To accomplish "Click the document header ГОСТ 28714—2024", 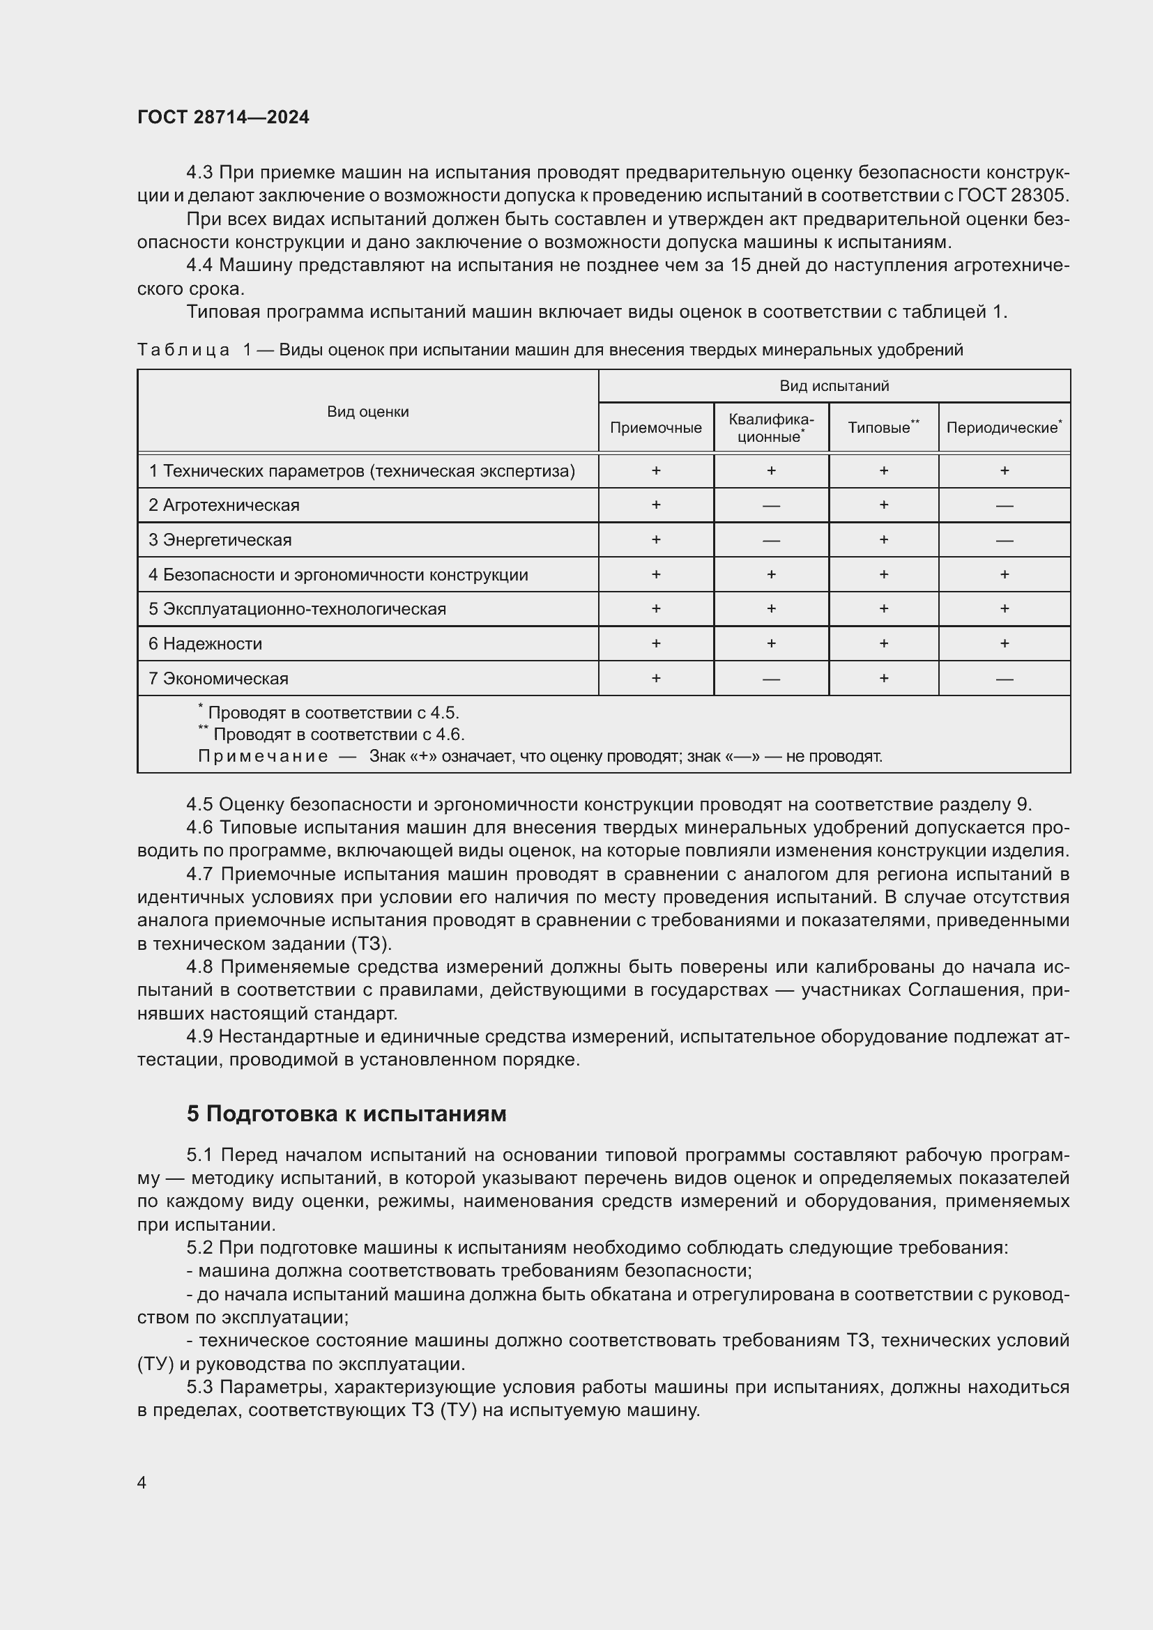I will click(x=223, y=117).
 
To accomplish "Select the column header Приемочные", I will click(x=655, y=427).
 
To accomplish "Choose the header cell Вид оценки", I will click(x=368, y=412).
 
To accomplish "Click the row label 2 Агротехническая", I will click(x=224, y=505).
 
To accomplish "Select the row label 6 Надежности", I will click(x=205, y=644).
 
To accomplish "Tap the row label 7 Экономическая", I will click(x=219, y=679).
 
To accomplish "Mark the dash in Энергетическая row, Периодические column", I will click(x=1004, y=541).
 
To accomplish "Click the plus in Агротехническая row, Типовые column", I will click(x=883, y=505).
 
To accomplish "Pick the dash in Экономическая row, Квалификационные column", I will click(x=771, y=679).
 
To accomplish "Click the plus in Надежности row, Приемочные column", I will click(x=655, y=643).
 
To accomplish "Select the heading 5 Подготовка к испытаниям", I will click(x=346, y=1114).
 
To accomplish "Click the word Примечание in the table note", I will click(x=263, y=756).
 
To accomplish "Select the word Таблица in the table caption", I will click(x=183, y=350).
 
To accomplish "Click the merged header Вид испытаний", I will click(x=834, y=385).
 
